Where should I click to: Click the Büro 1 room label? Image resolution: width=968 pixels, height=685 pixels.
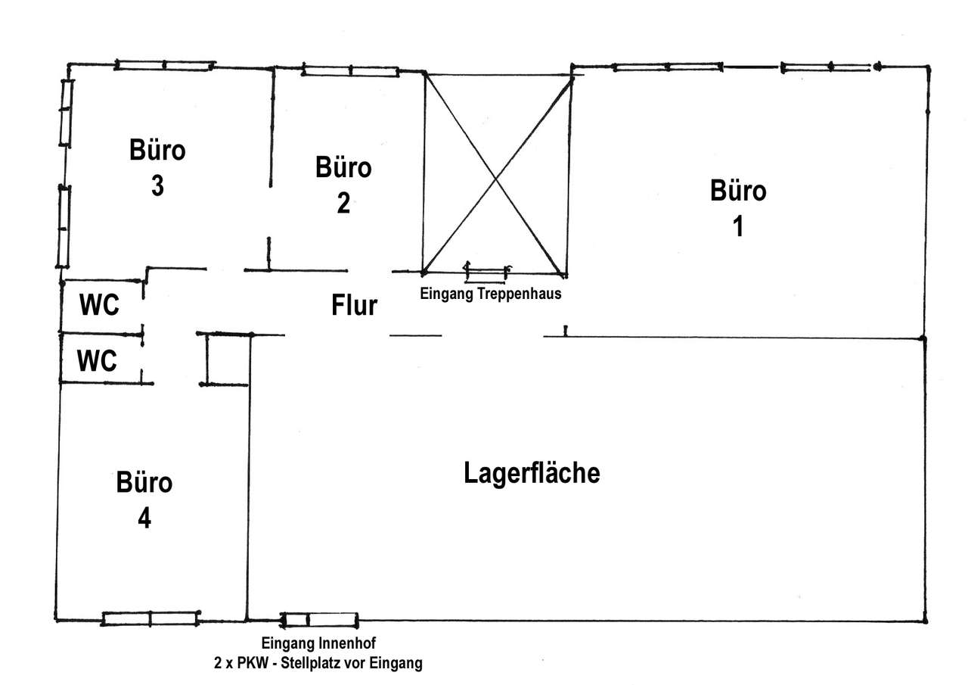pos(738,208)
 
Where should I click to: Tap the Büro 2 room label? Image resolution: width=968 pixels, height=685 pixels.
pos(343,185)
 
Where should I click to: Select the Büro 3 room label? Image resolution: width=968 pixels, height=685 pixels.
pos(157,167)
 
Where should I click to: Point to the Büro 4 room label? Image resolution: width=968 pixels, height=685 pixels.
pos(144,500)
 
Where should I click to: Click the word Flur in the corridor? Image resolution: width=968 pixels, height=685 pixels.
pos(354,306)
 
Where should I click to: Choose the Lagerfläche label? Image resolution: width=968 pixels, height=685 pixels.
pos(532,473)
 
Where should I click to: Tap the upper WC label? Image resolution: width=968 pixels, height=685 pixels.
pos(99,307)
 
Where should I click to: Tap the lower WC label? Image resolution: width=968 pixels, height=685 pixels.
pos(98,362)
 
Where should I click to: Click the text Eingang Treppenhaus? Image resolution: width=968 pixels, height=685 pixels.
pos(491,294)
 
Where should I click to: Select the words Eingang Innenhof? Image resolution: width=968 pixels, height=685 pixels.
pos(318,643)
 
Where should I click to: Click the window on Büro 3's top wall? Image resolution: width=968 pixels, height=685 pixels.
pos(164,66)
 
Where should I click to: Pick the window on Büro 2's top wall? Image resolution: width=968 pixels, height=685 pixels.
pos(350,71)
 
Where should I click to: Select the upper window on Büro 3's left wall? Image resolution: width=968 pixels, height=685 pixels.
pos(66,112)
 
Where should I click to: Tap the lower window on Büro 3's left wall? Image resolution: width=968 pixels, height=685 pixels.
pos(64,226)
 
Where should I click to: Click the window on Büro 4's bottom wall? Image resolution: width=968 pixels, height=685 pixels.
pos(150,618)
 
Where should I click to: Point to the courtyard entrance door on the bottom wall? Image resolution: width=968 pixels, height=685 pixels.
pos(319,620)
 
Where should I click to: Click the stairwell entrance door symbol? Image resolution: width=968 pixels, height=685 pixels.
pos(486,269)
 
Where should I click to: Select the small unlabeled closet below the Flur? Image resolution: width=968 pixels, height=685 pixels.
pos(226,360)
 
